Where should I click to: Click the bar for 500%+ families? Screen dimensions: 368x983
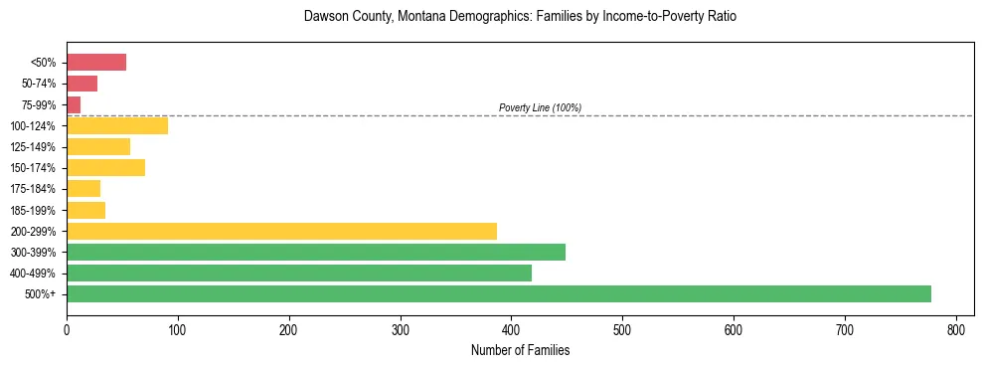coord(499,293)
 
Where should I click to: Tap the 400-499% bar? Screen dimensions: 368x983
coord(299,273)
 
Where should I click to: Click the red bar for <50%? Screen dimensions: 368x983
coord(96,63)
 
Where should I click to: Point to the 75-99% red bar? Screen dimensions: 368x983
coord(74,104)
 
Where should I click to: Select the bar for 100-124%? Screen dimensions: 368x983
coord(117,125)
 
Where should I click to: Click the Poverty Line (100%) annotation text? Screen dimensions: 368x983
coord(540,107)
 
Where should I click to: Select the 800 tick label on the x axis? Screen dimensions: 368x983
coord(956,329)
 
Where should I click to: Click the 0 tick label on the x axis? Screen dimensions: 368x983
coord(67,329)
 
